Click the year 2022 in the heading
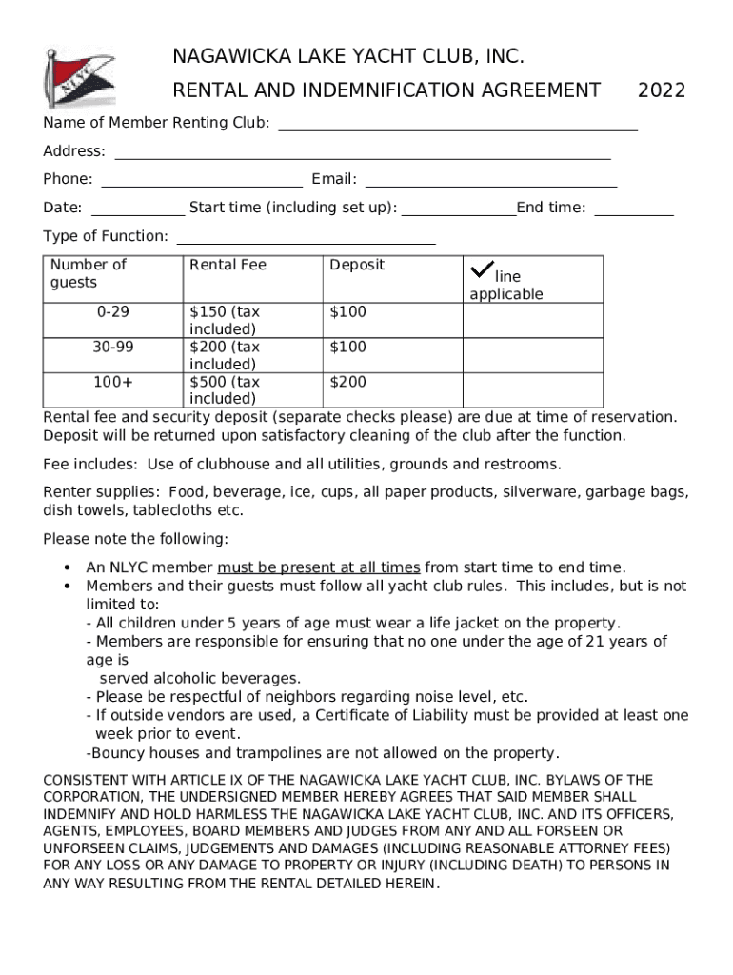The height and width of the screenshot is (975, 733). tap(662, 90)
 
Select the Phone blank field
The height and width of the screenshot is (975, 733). tap(202, 185)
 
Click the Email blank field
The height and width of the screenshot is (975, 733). tap(490, 185)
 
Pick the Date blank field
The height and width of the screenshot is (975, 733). tap(138, 213)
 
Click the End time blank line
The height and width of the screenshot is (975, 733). tap(633, 213)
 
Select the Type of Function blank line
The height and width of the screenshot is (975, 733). tap(306, 242)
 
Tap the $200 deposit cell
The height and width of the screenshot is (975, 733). tap(347, 383)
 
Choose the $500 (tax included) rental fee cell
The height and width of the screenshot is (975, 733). tap(225, 389)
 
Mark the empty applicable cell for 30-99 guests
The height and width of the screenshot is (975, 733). tap(532, 355)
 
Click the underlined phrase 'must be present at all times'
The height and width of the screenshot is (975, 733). tap(318, 567)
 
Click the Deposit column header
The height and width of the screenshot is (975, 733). tap(357, 265)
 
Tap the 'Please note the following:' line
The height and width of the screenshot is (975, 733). tap(135, 539)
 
